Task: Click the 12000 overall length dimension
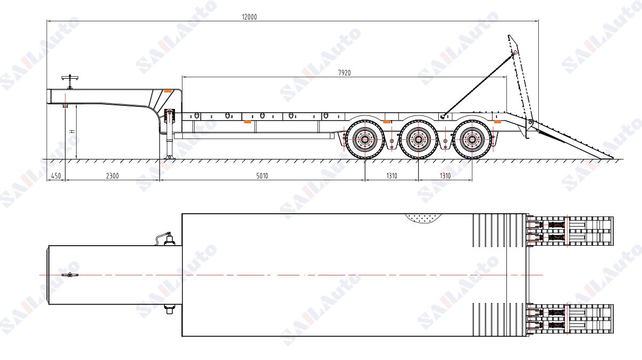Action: pos(249,17)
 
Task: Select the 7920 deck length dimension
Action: pos(344,73)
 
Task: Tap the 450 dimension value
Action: pos(56,175)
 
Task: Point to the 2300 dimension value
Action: pos(112,175)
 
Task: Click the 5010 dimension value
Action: pos(262,175)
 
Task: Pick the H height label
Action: pos(72,131)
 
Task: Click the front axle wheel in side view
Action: pos(365,139)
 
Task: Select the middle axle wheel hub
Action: pos(419,140)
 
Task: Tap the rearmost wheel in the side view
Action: pos(472,139)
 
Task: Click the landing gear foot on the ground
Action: pos(169,157)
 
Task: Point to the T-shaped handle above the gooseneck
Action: pos(70,82)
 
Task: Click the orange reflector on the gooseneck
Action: pos(168,91)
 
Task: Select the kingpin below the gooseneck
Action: pos(65,106)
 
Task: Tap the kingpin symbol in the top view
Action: pos(70,275)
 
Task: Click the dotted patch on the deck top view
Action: pos(423,218)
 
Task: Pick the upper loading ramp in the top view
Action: pos(570,231)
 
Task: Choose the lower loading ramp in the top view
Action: pos(570,319)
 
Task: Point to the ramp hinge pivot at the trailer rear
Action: pos(530,123)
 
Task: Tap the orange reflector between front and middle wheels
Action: pos(387,122)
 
